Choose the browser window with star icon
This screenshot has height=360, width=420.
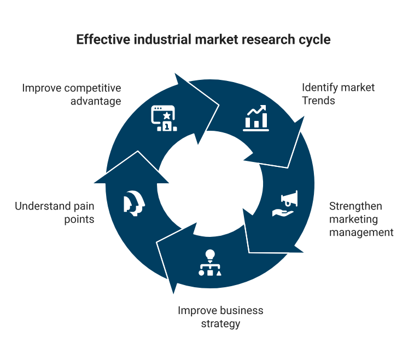[165, 118]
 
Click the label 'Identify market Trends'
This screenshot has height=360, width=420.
[338, 94]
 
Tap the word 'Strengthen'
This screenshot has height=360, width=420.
[355, 206]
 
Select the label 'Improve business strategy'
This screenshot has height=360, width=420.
[220, 317]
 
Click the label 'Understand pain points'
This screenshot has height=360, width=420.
[54, 213]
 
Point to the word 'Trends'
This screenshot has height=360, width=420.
[319, 101]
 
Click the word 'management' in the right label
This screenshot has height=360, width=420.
[361, 233]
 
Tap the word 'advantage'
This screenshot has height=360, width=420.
[96, 101]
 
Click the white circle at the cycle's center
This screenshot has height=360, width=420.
[209, 186]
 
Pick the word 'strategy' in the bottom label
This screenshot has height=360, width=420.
[220, 323]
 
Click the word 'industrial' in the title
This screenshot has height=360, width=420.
[148, 40]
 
